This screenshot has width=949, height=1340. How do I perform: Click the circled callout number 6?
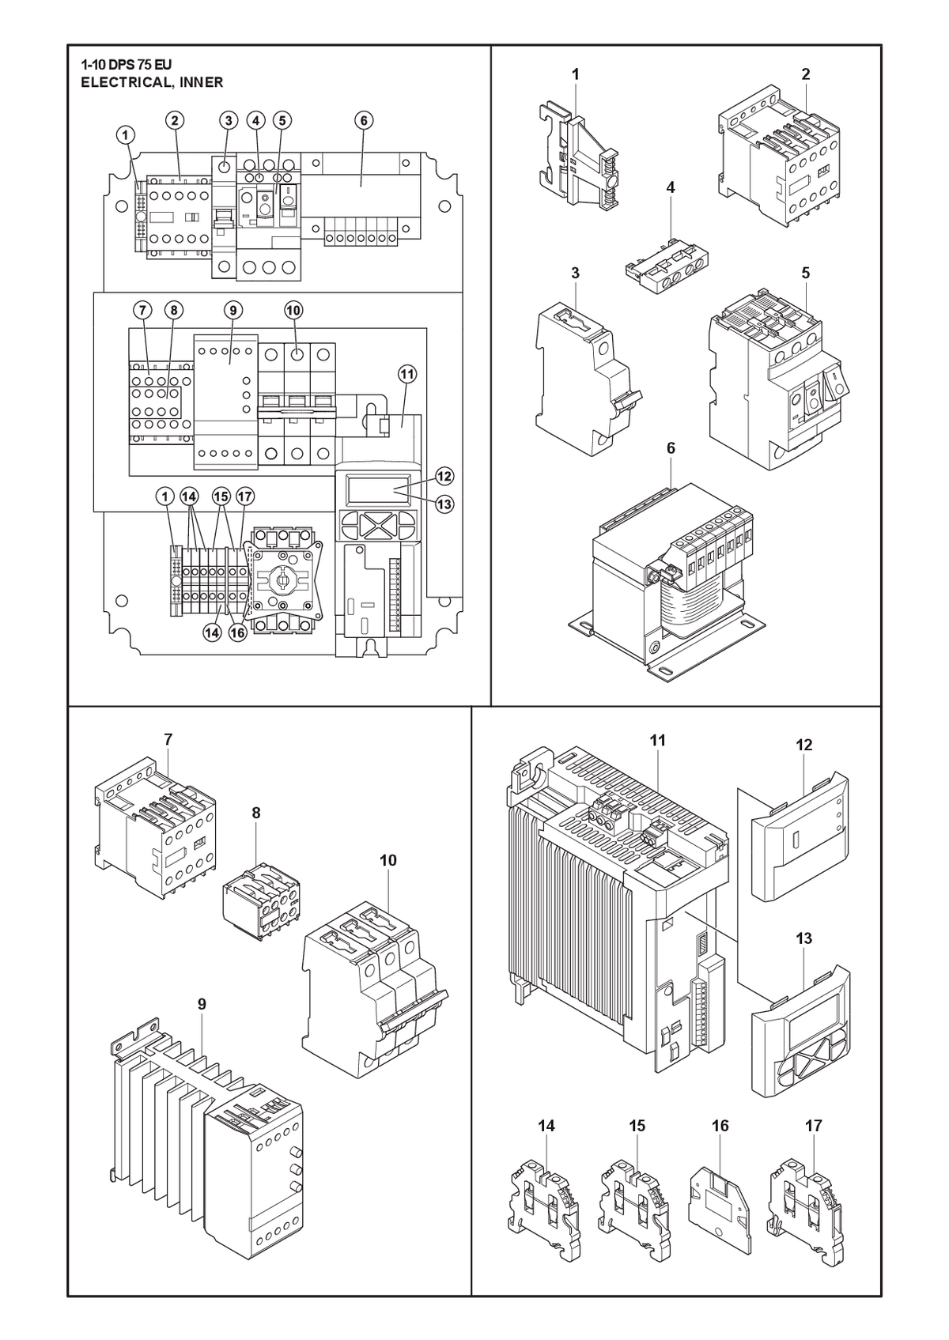pos(363,120)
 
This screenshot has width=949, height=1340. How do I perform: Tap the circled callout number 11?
pos(407,375)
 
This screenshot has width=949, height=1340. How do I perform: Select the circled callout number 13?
pos(444,504)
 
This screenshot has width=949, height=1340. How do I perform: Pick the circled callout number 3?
pos(228,120)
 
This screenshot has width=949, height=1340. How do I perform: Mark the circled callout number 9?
pos(233,310)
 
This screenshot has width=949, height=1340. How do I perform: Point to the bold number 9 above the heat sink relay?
pos(202,1004)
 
